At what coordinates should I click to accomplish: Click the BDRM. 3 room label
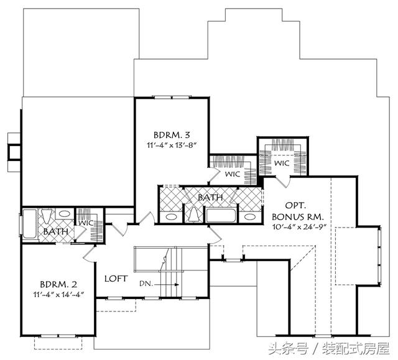pyautogui.click(x=172, y=135)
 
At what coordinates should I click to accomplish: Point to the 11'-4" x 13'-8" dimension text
pyautogui.click(x=172, y=145)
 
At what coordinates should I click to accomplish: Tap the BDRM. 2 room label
pyautogui.click(x=58, y=284)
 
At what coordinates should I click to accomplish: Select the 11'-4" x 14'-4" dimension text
pyautogui.click(x=58, y=295)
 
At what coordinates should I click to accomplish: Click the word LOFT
pyautogui.click(x=116, y=279)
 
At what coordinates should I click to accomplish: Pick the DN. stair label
pyautogui.click(x=146, y=284)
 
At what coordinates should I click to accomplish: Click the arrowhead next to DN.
pyautogui.click(x=177, y=285)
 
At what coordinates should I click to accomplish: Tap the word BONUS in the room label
pyautogui.click(x=288, y=217)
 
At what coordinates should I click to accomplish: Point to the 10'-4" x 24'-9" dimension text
pyautogui.click(x=299, y=227)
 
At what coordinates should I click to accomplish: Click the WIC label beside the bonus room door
pyautogui.click(x=282, y=163)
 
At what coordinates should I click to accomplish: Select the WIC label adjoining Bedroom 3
pyautogui.click(x=232, y=174)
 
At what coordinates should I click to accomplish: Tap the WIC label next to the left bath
pyautogui.click(x=86, y=223)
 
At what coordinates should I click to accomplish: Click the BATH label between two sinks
pyautogui.click(x=210, y=197)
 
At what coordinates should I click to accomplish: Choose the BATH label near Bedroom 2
pyautogui.click(x=55, y=231)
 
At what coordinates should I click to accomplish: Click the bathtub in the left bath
pyautogui.click(x=30, y=224)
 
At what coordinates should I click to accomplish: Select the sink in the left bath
pyautogui.click(x=65, y=214)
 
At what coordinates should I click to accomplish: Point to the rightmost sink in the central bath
pyautogui.click(x=250, y=216)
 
